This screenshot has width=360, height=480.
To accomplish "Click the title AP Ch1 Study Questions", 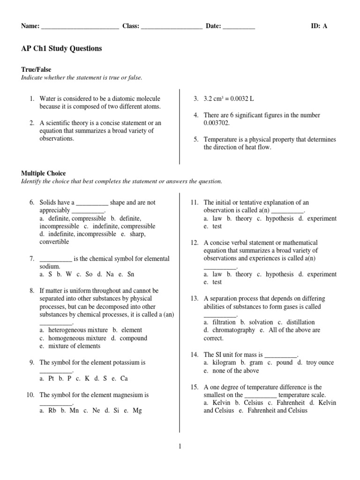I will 61,49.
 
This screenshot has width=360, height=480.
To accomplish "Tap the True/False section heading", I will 36,69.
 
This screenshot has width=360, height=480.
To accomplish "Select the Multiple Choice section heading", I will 44,173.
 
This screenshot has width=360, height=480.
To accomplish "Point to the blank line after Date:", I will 239,27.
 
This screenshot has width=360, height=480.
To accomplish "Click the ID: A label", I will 319,26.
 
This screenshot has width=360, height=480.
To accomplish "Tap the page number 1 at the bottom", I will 180,447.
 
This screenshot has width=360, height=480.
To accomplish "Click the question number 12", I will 195,242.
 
